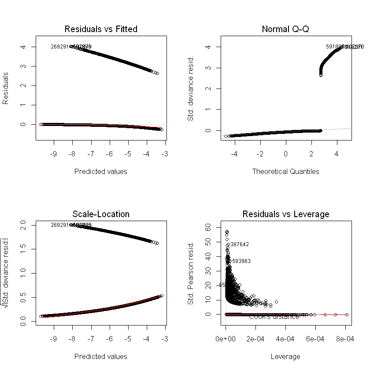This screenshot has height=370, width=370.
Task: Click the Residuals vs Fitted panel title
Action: [101, 30]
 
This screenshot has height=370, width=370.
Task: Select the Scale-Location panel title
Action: [101, 215]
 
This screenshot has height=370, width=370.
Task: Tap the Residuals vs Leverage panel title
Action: [285, 215]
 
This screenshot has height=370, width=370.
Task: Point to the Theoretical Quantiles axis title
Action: [285, 171]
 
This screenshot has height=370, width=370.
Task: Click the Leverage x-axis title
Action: [285, 356]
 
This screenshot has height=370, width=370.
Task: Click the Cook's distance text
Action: [274, 317]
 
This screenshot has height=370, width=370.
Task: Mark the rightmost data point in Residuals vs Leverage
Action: [347, 314]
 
